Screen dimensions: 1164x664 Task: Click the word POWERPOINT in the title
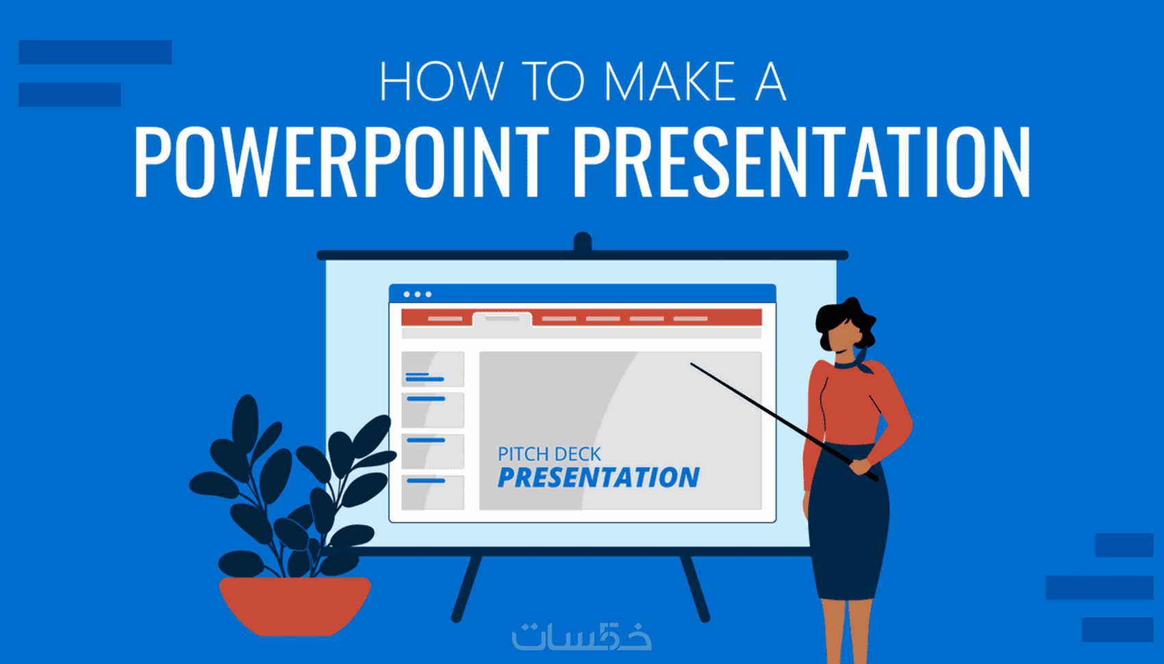pos(342,162)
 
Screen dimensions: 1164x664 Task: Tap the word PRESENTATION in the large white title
pos(802,162)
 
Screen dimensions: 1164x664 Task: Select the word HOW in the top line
pos(441,81)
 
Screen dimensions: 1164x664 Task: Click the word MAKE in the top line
pos(670,81)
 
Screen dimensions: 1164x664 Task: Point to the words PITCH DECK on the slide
pos(548,455)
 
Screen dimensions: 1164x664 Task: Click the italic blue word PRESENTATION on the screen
pos(598,478)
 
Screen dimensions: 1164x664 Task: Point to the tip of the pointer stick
pos(691,363)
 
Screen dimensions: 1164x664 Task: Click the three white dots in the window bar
pos(417,294)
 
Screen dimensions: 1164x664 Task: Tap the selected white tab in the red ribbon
pos(502,319)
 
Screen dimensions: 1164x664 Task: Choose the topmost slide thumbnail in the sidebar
pos(432,369)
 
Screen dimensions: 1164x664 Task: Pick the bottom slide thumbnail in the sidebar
pos(432,492)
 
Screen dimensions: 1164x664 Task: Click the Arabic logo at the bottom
pos(581,636)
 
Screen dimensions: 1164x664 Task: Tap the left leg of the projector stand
pos(466,589)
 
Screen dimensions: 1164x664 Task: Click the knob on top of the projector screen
pos(583,242)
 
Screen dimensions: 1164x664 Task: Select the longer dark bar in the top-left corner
pos(95,52)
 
